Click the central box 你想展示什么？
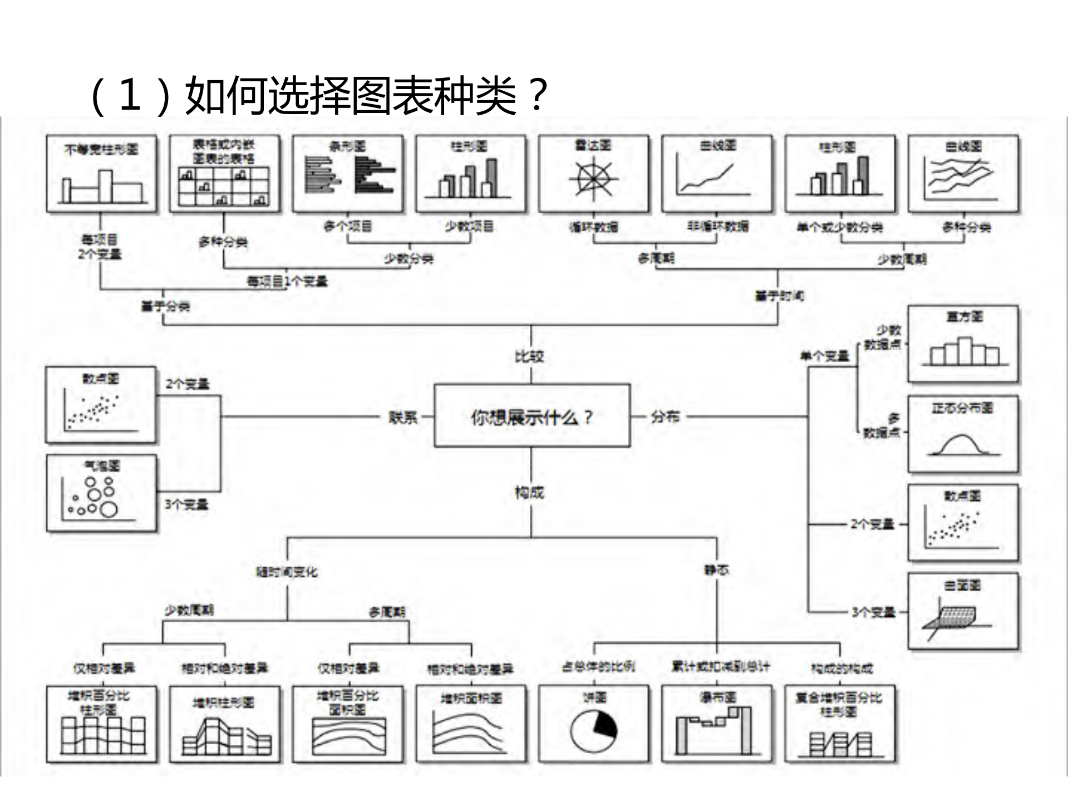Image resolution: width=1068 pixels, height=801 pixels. coord(531,416)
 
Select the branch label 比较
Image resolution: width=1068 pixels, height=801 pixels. coord(529,357)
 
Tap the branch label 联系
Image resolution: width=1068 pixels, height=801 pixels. coord(403,417)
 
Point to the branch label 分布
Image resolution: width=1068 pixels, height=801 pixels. coord(665,416)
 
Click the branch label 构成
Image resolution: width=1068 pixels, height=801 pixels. coord(529,493)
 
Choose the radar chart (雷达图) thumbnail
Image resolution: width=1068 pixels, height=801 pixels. coord(593,173)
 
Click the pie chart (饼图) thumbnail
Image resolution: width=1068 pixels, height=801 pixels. coord(593,724)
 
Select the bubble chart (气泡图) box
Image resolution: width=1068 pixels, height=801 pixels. coord(101,493)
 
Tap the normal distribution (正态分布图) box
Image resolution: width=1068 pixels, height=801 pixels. coord(963,434)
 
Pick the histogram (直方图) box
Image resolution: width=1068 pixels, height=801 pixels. coord(963,343)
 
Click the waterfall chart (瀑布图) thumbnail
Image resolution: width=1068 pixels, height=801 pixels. coord(716,724)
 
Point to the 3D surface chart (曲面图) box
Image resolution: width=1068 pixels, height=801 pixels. coord(963,611)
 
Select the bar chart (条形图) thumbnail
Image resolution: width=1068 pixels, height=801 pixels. coord(348,173)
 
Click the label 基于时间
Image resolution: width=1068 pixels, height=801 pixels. coord(779,296)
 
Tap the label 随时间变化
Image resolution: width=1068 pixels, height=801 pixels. coord(287,572)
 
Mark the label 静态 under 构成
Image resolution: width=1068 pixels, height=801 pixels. coord(716,570)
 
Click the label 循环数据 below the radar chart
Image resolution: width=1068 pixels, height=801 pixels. coord(593,227)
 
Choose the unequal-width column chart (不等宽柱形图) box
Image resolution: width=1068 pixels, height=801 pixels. coord(101,173)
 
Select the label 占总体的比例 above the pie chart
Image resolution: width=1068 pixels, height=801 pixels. coord(598,666)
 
